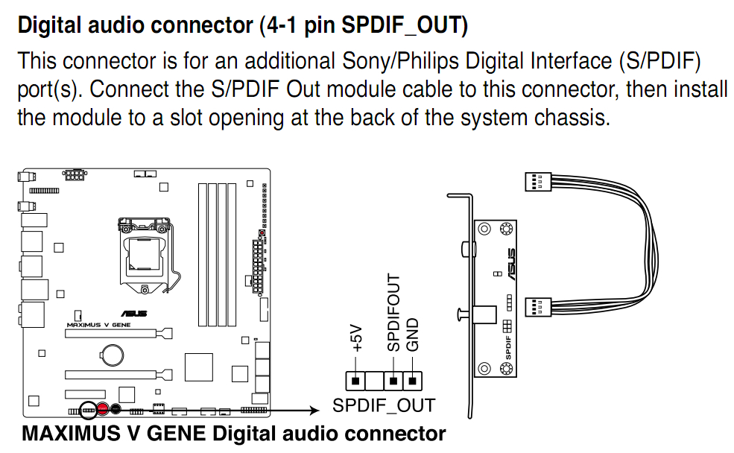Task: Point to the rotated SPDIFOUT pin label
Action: pos(393,312)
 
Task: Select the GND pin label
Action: pos(412,335)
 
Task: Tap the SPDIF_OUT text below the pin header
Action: pos(384,406)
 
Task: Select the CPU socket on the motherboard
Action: pos(146,254)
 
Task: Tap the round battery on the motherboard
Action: pos(113,354)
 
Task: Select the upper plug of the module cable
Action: pos(538,181)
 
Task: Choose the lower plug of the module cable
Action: pos(538,305)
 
